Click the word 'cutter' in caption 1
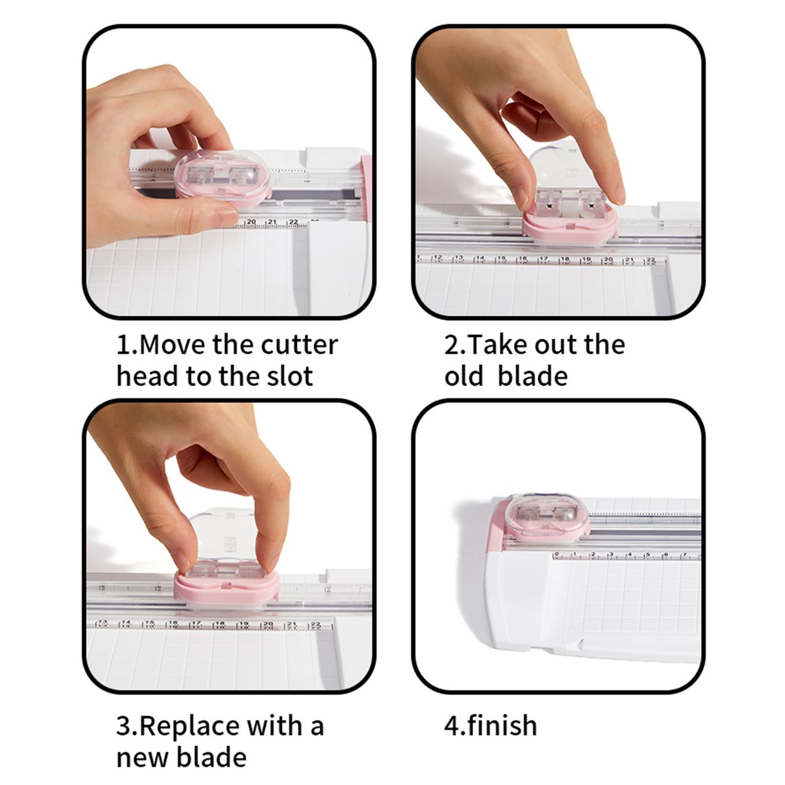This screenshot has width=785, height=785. (299, 345)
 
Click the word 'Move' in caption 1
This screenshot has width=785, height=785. (173, 345)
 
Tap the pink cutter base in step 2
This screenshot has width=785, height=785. (570, 226)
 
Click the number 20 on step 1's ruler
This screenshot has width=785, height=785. (251, 222)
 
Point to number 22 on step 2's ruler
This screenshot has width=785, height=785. (650, 260)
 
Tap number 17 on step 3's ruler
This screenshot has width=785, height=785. (197, 623)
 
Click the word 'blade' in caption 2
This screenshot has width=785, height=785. (532, 375)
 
